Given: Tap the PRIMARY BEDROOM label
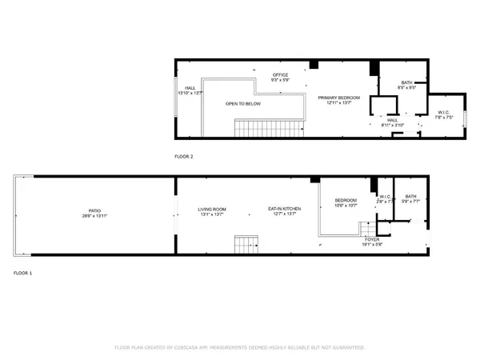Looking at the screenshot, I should coord(335,98).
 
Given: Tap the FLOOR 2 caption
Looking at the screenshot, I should coord(184,156).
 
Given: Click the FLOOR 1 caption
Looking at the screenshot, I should coord(22,273).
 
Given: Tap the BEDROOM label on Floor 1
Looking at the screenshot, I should coord(346,200).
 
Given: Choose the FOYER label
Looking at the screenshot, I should coord(373,238).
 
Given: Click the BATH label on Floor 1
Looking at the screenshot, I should coord(410,197).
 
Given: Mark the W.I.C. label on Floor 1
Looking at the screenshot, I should coord(385,197).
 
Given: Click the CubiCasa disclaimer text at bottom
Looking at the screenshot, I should coord(240,348).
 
